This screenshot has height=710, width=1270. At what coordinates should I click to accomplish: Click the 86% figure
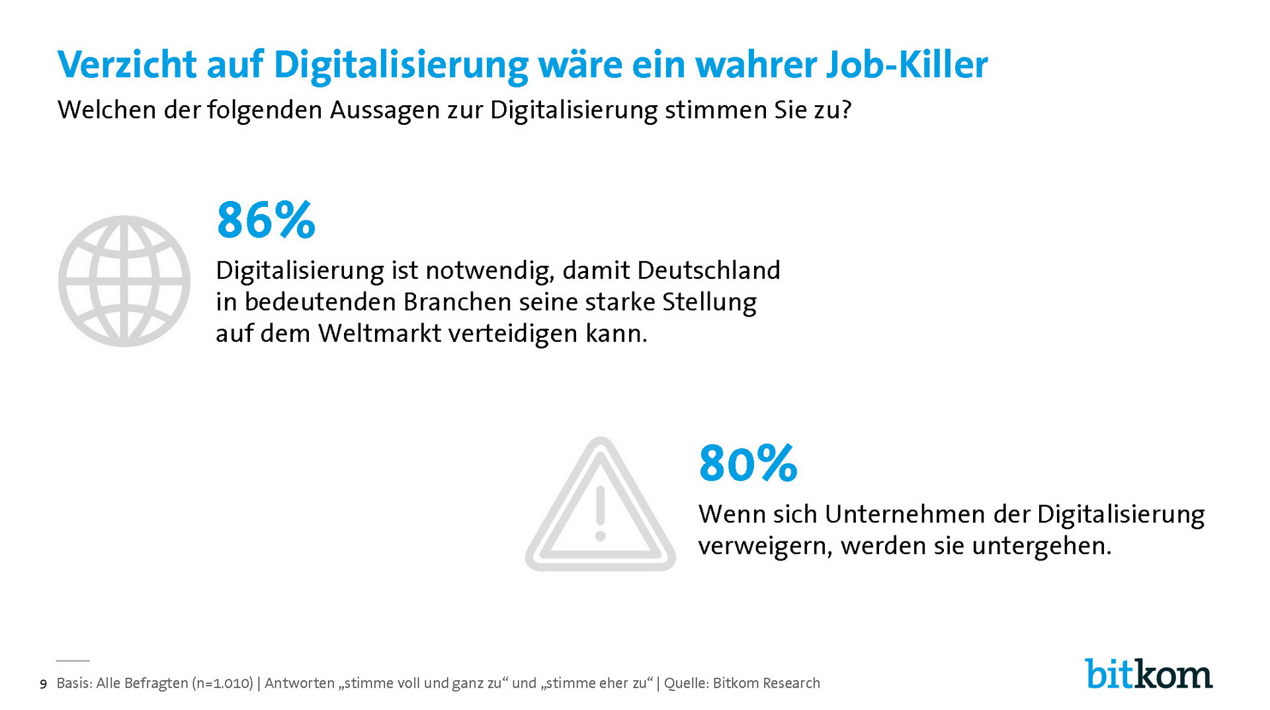pyautogui.click(x=266, y=220)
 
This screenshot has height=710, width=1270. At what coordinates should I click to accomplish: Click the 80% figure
pyautogui.click(x=748, y=463)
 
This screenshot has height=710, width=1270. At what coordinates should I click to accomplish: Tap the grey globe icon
pyautogui.click(x=124, y=281)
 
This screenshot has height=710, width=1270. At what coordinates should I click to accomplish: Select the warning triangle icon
pyautogui.click(x=600, y=506)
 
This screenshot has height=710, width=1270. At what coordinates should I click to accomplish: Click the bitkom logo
pyautogui.click(x=1148, y=674)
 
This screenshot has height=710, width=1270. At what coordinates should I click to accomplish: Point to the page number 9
pyautogui.click(x=44, y=684)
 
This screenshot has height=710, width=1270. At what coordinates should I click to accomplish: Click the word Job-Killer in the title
pyautogui.click(x=906, y=65)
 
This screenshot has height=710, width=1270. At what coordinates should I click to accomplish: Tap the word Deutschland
pyautogui.click(x=708, y=270)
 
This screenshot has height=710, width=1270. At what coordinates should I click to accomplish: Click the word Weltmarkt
pyautogui.click(x=380, y=333)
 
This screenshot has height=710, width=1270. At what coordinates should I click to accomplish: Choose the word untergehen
pyautogui.click(x=1042, y=546)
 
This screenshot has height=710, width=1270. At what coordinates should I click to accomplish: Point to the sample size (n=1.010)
pyautogui.click(x=223, y=684)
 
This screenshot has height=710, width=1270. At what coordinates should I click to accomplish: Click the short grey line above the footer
pyautogui.click(x=73, y=660)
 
